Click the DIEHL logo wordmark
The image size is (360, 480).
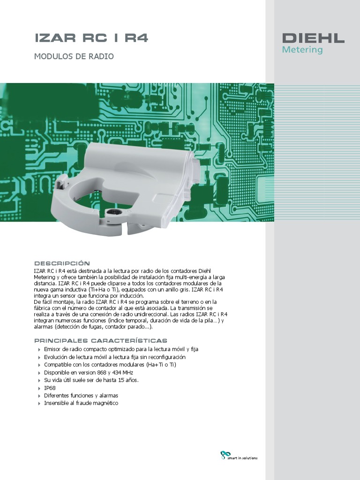tap(313, 38)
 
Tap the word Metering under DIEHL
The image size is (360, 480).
tap(302, 50)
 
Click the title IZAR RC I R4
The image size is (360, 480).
tap(91, 38)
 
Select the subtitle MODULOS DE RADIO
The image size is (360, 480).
tap(74, 57)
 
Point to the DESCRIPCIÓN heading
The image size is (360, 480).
tap(62, 263)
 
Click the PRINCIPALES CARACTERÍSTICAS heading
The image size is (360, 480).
tap(101, 340)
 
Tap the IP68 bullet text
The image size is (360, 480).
tap(50, 388)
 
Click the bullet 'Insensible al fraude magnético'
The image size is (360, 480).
tap(81, 403)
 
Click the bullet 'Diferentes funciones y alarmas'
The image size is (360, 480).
tap(81, 396)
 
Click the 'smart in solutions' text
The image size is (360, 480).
tap(242, 458)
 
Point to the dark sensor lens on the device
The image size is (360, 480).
tap(113, 213)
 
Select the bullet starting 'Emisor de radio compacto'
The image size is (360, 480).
tap(121, 350)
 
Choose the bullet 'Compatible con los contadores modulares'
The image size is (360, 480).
tap(110, 365)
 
